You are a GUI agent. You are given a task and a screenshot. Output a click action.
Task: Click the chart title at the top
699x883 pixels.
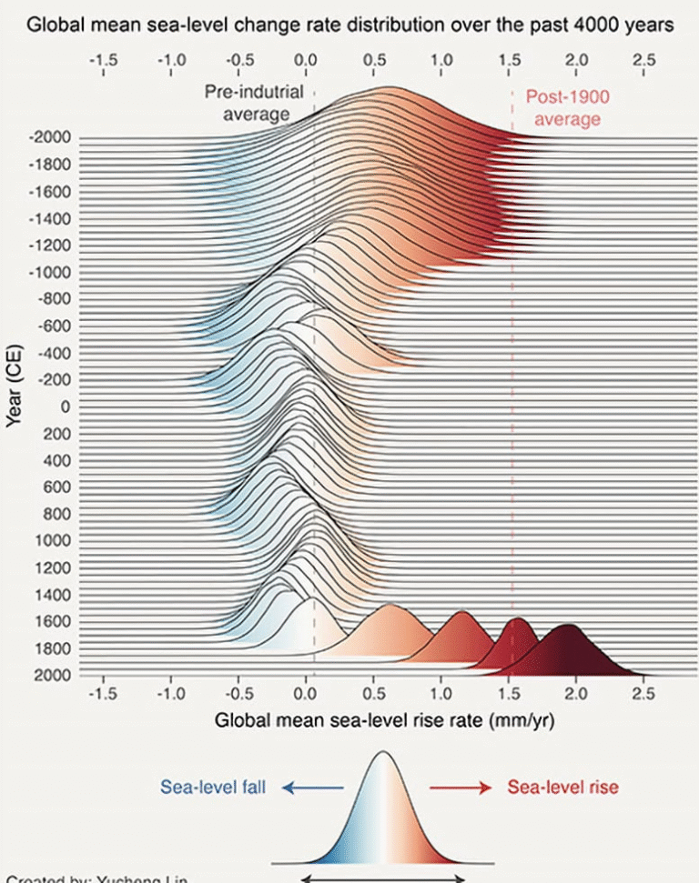(x=349, y=25)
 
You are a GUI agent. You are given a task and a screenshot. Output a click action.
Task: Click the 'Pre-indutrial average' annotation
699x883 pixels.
(x=254, y=103)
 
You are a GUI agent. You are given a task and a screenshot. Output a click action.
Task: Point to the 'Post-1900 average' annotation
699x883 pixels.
(x=567, y=107)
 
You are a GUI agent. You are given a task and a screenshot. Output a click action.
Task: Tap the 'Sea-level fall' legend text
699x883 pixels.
(x=214, y=788)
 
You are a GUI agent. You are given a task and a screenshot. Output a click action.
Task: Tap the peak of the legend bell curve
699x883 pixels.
(x=383, y=753)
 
